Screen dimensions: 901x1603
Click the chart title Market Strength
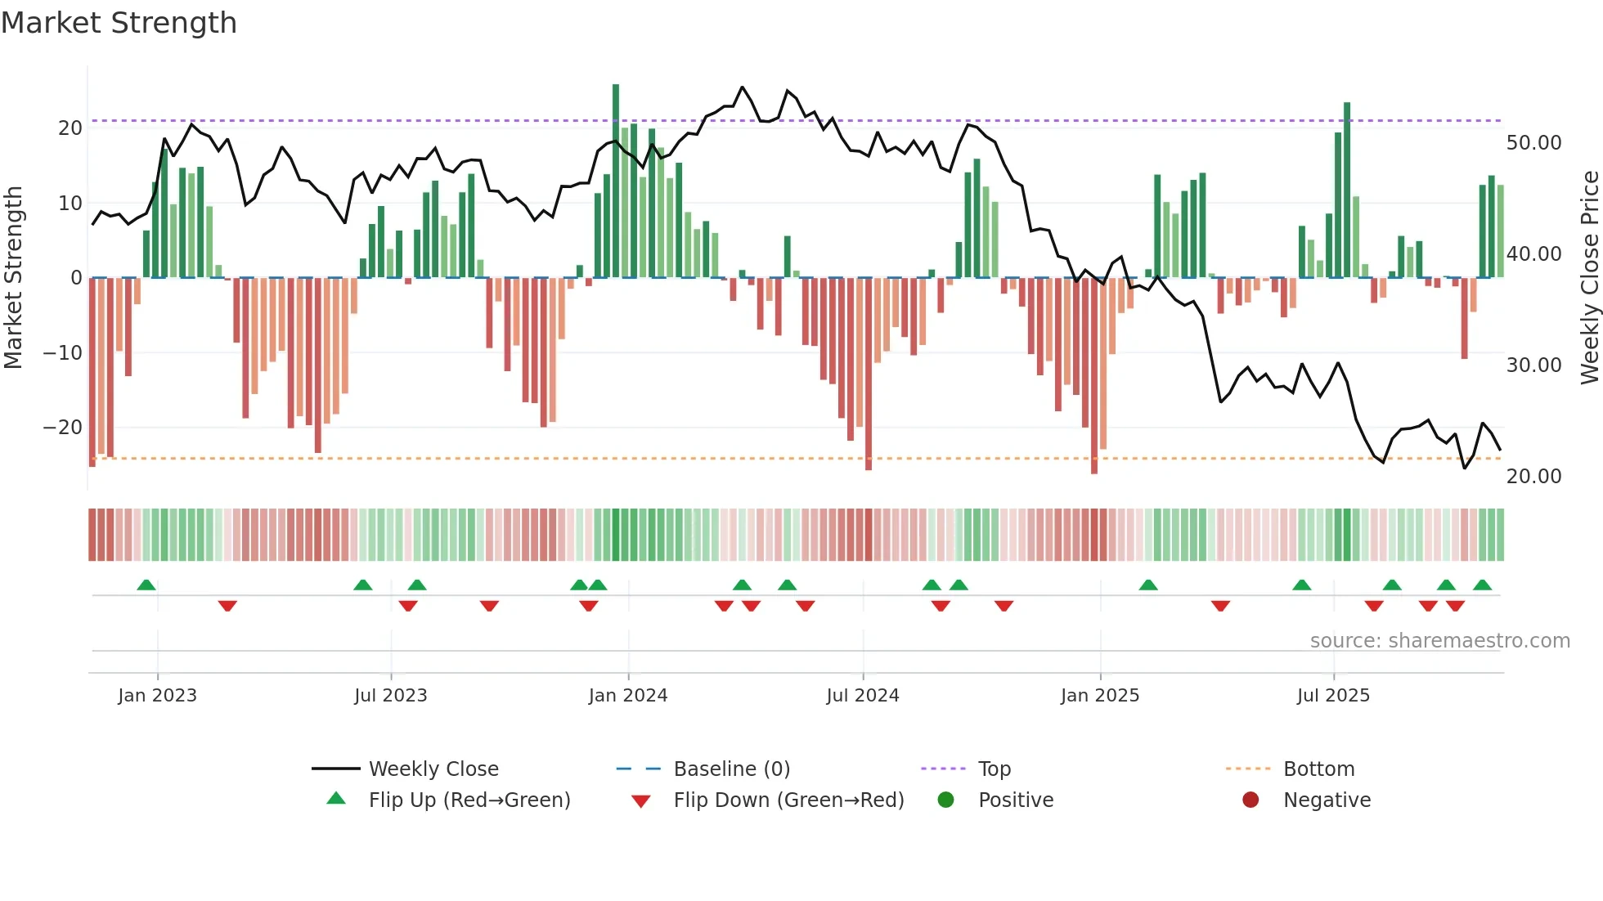tap(119, 23)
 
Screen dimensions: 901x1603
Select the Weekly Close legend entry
tap(433, 769)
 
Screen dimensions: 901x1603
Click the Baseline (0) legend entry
tap(731, 769)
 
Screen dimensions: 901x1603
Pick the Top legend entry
tap(995, 769)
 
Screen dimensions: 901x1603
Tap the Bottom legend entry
tap(1318, 769)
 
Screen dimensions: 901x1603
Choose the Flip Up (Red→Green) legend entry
tap(469, 800)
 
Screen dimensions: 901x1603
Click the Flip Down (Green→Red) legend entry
tap(788, 800)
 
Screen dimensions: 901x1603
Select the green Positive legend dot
tap(946, 800)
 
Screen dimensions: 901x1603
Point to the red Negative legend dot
tap(1251, 800)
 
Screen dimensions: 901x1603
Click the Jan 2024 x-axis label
tap(627, 695)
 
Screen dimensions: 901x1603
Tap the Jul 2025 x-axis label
tap(1333, 695)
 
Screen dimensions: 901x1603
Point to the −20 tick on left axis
tap(62, 428)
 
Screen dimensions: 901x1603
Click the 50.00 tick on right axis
tap(1533, 143)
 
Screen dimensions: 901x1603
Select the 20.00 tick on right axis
tap(1533, 476)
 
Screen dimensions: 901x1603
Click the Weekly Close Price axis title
tap(1589, 278)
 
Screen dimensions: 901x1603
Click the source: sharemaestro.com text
tap(1439, 640)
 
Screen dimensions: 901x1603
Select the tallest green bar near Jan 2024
tap(616, 180)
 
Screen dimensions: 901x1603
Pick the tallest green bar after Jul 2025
tap(1347, 188)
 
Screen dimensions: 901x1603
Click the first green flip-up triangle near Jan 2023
tap(146, 585)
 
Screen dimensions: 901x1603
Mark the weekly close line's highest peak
tap(743, 87)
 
